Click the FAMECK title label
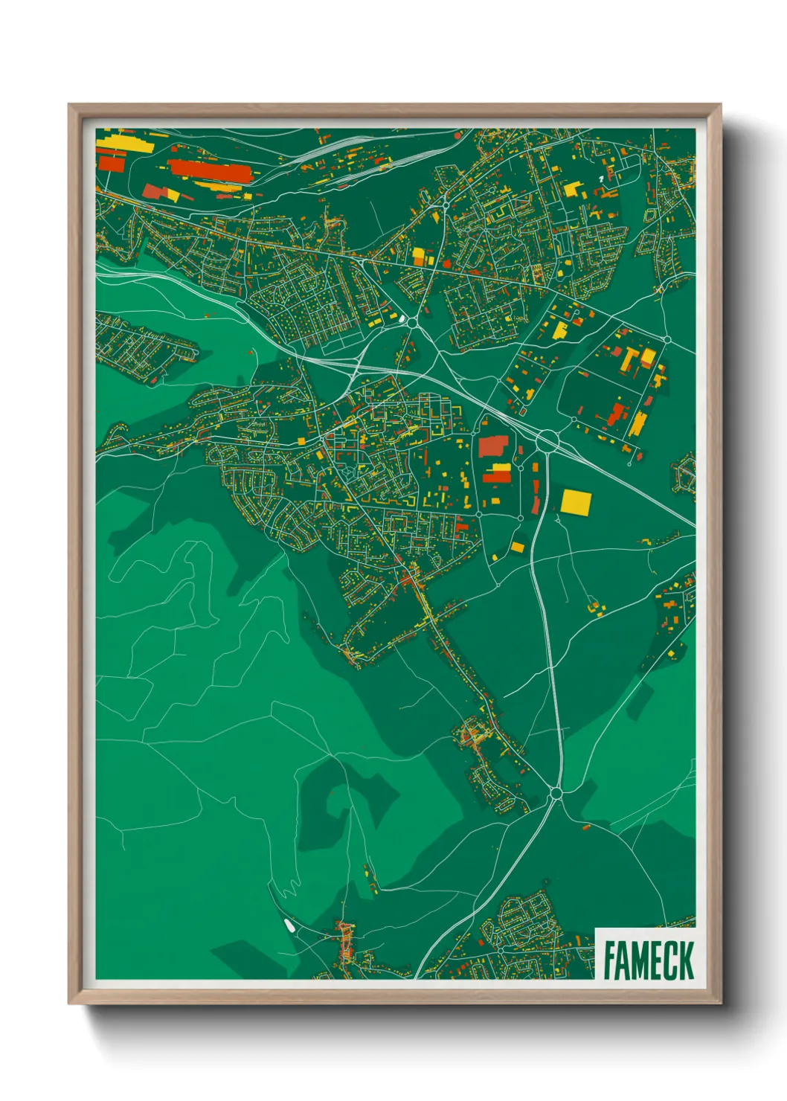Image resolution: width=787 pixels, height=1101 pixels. pyautogui.click(x=648, y=960)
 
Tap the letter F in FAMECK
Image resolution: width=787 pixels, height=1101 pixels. pyautogui.click(x=610, y=960)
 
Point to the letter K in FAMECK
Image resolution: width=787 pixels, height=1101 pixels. pyautogui.click(x=686, y=960)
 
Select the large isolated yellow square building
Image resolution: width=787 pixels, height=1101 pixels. pyautogui.click(x=575, y=501)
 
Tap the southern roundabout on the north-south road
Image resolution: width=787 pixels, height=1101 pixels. pyautogui.click(x=555, y=795)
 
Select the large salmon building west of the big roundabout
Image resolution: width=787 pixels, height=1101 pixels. pyautogui.click(x=492, y=446)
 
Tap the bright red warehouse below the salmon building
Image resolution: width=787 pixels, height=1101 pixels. pyautogui.click(x=498, y=476)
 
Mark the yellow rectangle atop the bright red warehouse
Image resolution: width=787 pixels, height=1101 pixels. pyautogui.click(x=499, y=468)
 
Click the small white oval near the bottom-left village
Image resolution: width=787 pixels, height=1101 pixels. pyautogui.click(x=288, y=925)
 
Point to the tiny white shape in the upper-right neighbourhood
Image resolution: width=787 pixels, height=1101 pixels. pyautogui.click(x=601, y=179)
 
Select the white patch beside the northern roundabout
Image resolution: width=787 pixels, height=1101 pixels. pyautogui.click(x=402, y=320)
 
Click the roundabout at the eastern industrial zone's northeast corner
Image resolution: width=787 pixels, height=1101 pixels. pyautogui.click(x=667, y=339)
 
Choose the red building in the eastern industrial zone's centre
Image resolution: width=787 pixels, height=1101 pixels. pyautogui.click(x=615, y=414)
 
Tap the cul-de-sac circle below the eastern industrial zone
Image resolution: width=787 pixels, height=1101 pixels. pyautogui.click(x=629, y=463)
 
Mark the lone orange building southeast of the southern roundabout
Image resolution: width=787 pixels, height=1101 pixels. pyautogui.click(x=585, y=826)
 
